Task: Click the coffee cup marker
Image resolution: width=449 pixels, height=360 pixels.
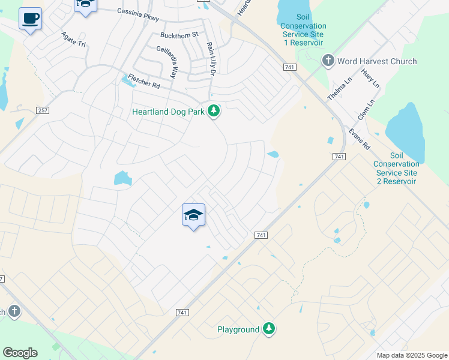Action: [x=30, y=19]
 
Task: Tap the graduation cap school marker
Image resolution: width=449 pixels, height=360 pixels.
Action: [x=193, y=215]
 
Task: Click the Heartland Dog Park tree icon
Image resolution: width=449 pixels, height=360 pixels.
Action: [x=213, y=111]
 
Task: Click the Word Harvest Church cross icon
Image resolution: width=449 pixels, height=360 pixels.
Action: [x=328, y=61]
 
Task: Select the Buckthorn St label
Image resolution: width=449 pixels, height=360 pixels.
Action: [x=179, y=35]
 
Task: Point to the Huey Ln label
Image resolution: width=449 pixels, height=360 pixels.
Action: [x=370, y=80]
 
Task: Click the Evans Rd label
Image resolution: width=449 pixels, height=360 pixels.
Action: [x=360, y=139]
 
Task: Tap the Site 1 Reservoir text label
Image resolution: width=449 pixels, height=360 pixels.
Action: [x=303, y=34]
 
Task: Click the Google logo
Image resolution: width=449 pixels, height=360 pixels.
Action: [x=20, y=353]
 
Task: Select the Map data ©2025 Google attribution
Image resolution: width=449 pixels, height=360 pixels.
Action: [x=411, y=355]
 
